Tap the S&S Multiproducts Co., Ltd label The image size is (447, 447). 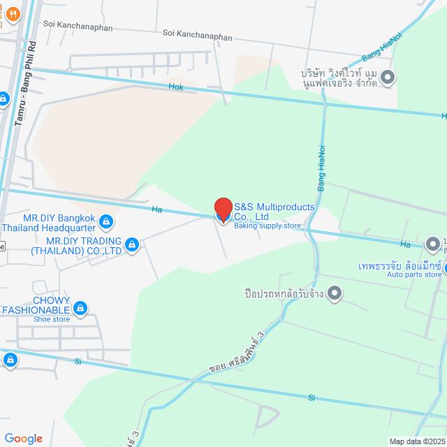274,212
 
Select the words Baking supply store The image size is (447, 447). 267,226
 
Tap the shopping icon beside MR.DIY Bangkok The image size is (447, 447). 105,223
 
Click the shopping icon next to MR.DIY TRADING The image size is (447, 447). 131,244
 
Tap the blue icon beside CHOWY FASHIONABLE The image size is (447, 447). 80,307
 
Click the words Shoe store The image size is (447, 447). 52,319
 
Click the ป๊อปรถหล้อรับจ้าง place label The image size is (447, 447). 286,293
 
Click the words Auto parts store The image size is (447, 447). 415,274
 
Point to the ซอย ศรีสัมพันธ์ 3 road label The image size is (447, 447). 237,352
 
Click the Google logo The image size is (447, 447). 23,438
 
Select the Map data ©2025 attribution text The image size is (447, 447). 417,441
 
